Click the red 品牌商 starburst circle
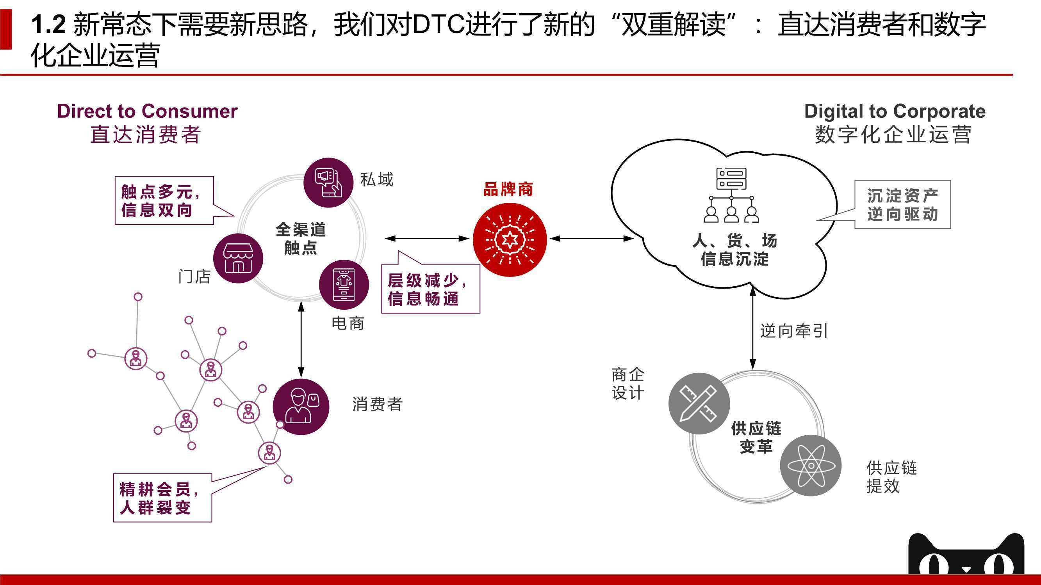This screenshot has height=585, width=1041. (x=510, y=239)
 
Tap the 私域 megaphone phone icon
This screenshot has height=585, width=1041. (x=328, y=183)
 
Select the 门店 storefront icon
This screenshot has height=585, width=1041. (x=238, y=258)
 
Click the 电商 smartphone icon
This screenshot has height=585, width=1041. (x=344, y=285)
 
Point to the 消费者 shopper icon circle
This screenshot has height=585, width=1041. (x=301, y=406)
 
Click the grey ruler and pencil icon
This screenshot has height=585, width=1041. (x=699, y=403)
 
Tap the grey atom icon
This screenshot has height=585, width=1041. (x=811, y=466)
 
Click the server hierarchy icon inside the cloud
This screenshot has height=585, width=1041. (x=731, y=195)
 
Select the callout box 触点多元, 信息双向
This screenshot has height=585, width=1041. (x=164, y=200)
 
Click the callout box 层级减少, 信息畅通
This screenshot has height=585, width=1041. (x=431, y=289)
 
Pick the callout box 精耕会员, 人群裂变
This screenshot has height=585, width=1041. (x=162, y=498)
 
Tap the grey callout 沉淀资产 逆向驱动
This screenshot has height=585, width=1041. (x=902, y=204)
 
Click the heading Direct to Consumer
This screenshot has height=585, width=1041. (x=147, y=111)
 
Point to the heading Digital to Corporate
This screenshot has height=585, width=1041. (x=895, y=111)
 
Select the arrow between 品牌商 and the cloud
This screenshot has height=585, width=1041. (x=592, y=239)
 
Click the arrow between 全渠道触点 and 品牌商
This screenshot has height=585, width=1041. (x=427, y=239)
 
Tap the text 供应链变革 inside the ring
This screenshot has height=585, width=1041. (x=756, y=437)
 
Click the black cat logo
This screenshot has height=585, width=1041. (x=966, y=553)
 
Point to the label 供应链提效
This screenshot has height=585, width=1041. (x=891, y=477)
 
